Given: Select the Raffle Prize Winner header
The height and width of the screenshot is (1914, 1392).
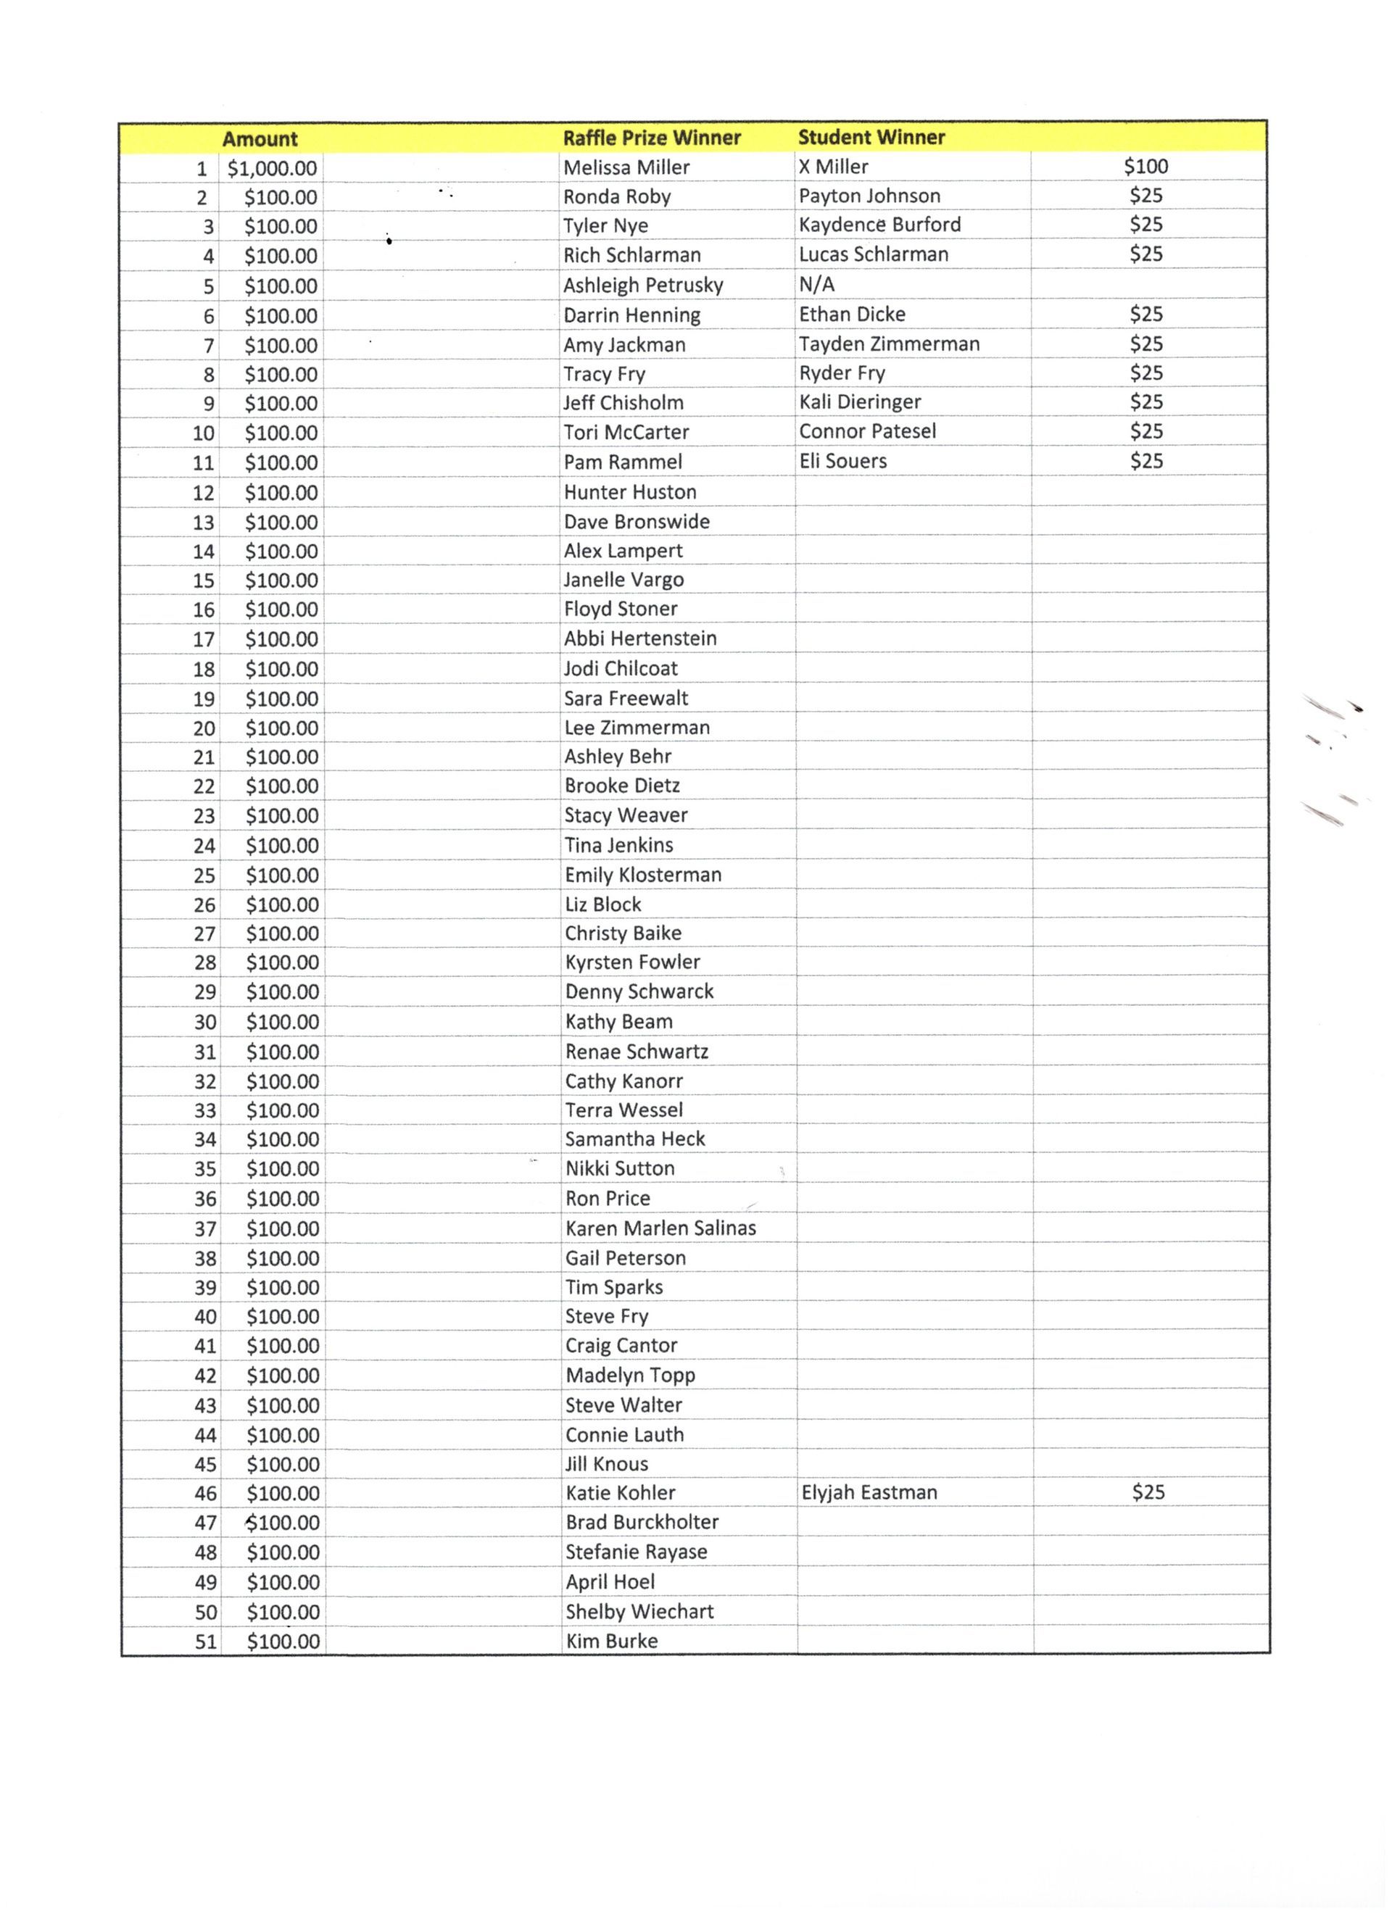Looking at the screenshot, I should [652, 138].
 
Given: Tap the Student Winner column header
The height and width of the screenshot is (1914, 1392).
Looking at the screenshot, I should [871, 137].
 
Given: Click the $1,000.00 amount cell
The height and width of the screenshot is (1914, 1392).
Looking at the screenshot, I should [272, 168].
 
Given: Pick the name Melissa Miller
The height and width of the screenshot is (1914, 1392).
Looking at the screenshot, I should [626, 167].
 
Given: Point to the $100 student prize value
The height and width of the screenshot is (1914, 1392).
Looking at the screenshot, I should [1145, 166].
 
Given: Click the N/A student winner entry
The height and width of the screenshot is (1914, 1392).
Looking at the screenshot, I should [816, 284].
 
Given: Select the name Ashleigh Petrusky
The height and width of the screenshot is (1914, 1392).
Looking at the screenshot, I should [643, 286].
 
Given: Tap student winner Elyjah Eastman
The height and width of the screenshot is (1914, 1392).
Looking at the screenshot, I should [869, 1492].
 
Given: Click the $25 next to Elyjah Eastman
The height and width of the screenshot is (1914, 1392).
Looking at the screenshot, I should [1148, 1491].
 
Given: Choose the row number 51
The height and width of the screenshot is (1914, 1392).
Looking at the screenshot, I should [206, 1642].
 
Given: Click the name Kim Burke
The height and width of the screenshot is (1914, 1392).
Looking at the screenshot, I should [611, 1641].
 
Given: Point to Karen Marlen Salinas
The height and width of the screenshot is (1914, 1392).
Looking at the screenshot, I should [660, 1228].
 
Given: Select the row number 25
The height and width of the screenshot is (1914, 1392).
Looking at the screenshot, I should [204, 875].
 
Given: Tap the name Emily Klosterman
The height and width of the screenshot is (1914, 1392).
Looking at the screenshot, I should [642, 874].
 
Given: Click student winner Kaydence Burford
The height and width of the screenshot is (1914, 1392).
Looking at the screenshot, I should [879, 225].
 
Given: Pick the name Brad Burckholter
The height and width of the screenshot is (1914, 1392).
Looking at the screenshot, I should [642, 1522].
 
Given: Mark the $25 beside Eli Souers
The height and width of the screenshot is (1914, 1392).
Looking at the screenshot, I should [1146, 461].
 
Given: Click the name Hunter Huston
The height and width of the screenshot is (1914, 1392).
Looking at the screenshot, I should [630, 492].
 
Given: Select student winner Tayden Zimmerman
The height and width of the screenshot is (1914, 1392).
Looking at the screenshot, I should [889, 344].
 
